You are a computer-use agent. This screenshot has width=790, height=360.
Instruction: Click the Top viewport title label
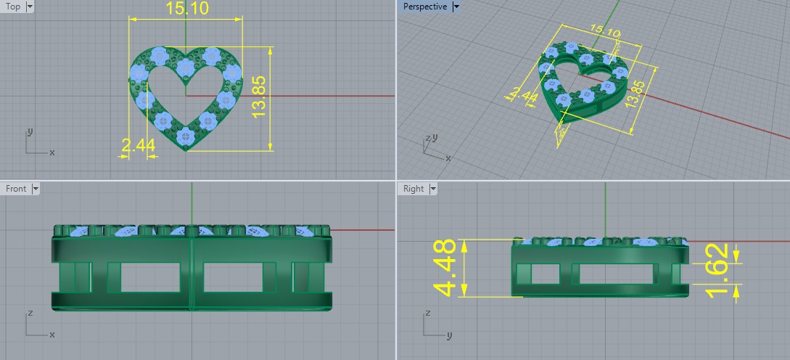click(13, 7)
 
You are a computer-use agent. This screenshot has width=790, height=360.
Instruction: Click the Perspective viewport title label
click(424, 7)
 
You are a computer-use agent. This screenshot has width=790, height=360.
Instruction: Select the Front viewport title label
click(16, 189)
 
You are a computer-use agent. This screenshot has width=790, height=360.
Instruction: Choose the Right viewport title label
click(413, 189)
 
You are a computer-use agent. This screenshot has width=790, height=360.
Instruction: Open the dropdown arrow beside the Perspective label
click(456, 7)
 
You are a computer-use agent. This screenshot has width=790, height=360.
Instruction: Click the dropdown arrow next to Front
click(36, 189)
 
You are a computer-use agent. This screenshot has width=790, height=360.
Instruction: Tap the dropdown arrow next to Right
click(433, 189)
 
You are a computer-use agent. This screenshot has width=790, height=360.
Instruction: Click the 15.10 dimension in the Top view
click(187, 9)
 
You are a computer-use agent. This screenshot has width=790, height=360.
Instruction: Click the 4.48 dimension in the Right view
click(445, 268)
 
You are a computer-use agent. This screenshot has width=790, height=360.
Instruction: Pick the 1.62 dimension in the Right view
click(717, 270)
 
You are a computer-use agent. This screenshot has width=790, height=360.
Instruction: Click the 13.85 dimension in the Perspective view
click(635, 94)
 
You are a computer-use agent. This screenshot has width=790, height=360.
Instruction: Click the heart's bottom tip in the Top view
click(186, 149)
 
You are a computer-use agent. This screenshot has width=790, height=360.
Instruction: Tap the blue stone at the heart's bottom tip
click(186, 135)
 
